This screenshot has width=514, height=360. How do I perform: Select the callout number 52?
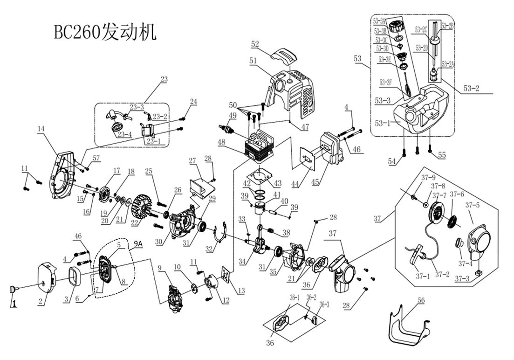(x=255, y=44)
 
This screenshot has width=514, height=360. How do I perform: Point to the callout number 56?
(x=421, y=301)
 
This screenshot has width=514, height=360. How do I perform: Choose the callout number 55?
(x=440, y=156)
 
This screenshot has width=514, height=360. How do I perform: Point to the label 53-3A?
(x=380, y=21)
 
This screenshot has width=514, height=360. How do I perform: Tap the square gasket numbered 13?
(x=227, y=276)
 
